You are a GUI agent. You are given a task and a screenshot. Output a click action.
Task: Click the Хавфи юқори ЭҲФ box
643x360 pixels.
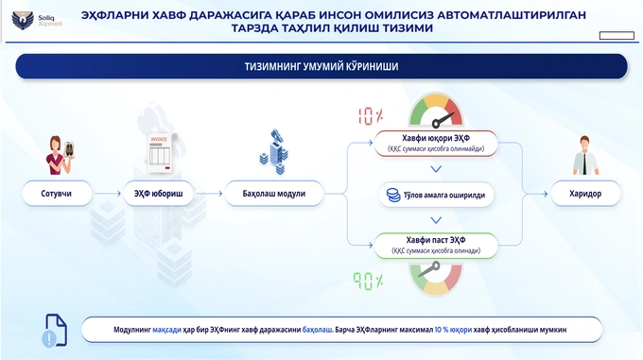click(434, 143)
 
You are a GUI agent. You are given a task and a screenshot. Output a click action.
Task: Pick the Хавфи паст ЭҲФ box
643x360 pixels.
click(434, 246)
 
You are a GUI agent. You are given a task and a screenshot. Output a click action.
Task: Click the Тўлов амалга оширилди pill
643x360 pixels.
click(434, 195)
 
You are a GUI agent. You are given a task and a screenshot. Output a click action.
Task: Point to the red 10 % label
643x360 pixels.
click(370, 117)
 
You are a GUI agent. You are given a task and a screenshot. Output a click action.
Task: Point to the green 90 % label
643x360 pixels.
click(369, 281)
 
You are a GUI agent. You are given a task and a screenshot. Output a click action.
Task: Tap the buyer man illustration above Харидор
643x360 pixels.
click(586, 153)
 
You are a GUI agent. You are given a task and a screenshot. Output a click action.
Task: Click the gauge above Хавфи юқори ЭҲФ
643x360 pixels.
click(435, 110)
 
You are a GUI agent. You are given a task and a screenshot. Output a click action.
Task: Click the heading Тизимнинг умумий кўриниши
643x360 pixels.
click(321, 66)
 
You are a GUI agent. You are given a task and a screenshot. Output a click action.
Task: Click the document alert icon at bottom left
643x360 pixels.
click(52, 329)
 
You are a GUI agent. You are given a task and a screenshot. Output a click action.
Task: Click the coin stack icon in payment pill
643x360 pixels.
click(391, 195)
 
